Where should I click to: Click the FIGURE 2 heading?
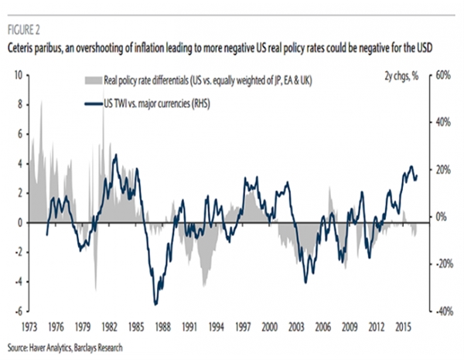(24, 30)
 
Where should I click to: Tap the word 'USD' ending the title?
(424, 48)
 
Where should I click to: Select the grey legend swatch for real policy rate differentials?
(94, 80)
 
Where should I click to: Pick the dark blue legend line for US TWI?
(94, 104)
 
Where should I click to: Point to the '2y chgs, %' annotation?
(401, 76)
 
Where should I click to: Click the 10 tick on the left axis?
(19, 76)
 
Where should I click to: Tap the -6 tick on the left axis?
(19, 311)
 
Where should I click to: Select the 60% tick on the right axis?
(442, 76)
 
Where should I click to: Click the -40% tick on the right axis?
(444, 311)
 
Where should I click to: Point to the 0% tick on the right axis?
(441, 217)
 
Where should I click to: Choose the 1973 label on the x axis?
(29, 328)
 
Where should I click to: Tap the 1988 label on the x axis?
(162, 328)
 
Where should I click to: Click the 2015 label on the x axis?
(403, 328)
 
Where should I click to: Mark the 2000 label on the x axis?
(270, 328)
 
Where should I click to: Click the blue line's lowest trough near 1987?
(155, 304)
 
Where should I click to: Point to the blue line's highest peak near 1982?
(116, 155)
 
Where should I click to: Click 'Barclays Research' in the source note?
(98, 348)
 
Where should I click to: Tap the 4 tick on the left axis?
(20, 164)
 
